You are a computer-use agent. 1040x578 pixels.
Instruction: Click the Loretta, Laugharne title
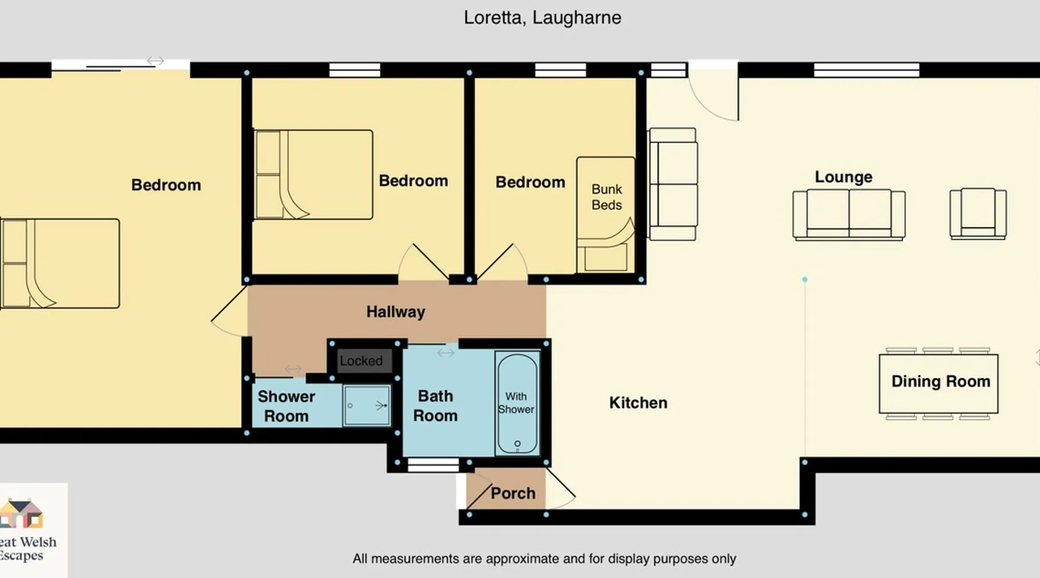[x=543, y=18]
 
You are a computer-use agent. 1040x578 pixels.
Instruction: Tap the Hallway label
[x=396, y=312]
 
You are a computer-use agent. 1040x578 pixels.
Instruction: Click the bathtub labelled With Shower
[x=517, y=403]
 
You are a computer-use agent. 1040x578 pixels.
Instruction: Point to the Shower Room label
[x=286, y=406]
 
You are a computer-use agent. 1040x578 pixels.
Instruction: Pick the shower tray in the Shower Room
[x=367, y=405]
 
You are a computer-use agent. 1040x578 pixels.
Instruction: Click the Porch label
[x=513, y=493]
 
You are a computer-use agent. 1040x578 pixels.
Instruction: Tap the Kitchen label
[x=638, y=403]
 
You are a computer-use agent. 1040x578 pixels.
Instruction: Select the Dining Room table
[x=938, y=383]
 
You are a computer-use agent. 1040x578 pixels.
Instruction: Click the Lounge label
[x=844, y=177]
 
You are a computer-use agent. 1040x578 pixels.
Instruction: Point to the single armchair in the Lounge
[x=978, y=213]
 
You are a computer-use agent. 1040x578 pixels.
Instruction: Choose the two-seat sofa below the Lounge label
[x=849, y=214]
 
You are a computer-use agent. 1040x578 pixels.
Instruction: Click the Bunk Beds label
[x=607, y=197]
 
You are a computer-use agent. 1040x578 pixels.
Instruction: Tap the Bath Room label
[x=435, y=406]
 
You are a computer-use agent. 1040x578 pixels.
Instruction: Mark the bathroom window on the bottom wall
[x=433, y=465]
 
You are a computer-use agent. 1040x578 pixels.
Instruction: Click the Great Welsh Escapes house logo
[x=21, y=514]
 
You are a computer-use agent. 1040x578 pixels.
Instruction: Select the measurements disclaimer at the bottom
[x=544, y=559]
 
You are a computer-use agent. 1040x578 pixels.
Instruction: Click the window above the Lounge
[x=866, y=71]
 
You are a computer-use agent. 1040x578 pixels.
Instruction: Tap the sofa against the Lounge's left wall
[x=673, y=184]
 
